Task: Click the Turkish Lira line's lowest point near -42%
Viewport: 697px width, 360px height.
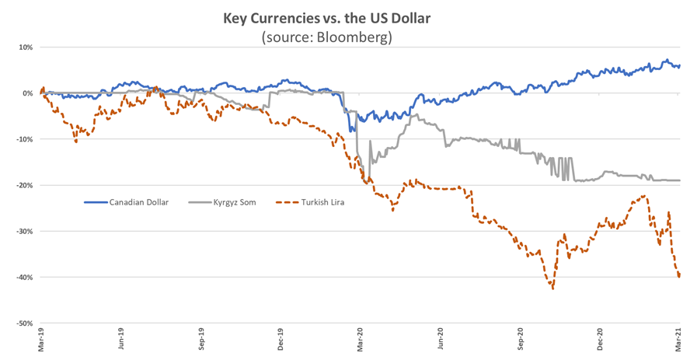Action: (552, 288)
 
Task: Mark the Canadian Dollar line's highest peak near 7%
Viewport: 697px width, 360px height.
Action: (665, 60)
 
